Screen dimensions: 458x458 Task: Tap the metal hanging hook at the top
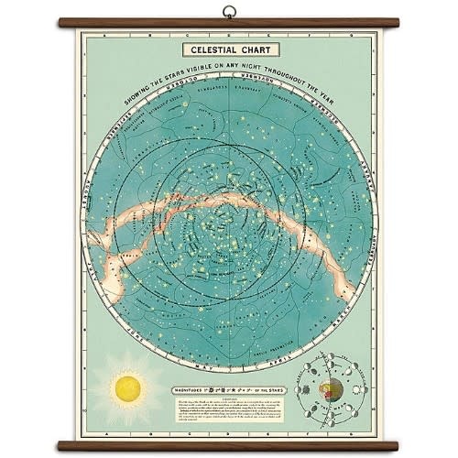click(x=228, y=14)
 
